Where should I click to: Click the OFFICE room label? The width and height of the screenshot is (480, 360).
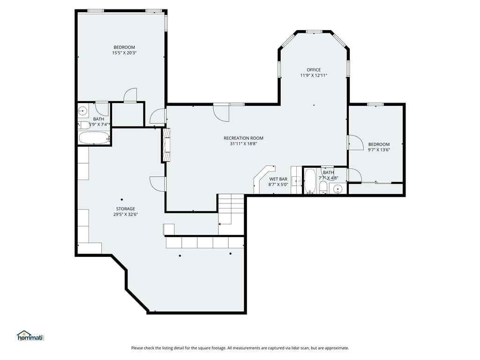point(314,70)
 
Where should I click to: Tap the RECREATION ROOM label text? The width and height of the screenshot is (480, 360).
point(243,138)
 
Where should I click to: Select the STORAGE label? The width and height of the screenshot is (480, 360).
point(126,209)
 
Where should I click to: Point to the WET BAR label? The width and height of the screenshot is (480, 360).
point(278,179)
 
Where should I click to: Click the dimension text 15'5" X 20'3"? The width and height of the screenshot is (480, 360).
point(124,52)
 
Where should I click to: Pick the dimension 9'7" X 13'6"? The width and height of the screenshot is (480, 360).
point(379,150)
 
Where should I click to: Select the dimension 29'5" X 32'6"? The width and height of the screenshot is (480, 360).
point(126,214)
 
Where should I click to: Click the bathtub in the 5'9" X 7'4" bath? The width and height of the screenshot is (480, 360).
point(94,138)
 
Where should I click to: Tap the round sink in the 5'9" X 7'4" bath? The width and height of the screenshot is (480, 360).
point(82,111)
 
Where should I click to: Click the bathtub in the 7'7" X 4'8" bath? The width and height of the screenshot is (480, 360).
point(310,181)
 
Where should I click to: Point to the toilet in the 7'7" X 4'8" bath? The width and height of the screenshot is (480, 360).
point(323,187)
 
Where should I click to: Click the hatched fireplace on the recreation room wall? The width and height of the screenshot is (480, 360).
point(166,145)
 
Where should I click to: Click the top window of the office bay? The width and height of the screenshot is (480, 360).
point(314,31)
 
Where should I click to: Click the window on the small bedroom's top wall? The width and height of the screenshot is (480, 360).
point(375,105)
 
